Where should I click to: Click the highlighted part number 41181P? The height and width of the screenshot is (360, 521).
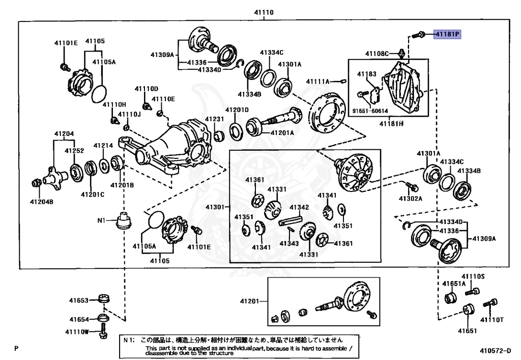pyautogui.click(x=447, y=35)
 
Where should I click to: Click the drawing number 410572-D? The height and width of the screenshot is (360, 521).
pyautogui.click(x=495, y=350)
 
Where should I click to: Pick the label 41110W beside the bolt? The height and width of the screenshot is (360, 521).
pyautogui.click(x=77, y=332)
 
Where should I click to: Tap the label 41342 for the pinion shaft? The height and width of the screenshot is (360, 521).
pyautogui.click(x=299, y=207)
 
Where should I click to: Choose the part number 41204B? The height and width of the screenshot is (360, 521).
pyautogui.click(x=42, y=201)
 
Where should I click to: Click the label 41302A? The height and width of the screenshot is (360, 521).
pyautogui.click(x=411, y=198)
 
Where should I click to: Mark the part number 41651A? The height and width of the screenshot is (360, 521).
pyautogui.click(x=453, y=284)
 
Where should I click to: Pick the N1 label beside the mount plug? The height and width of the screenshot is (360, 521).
pyautogui.click(x=101, y=220)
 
